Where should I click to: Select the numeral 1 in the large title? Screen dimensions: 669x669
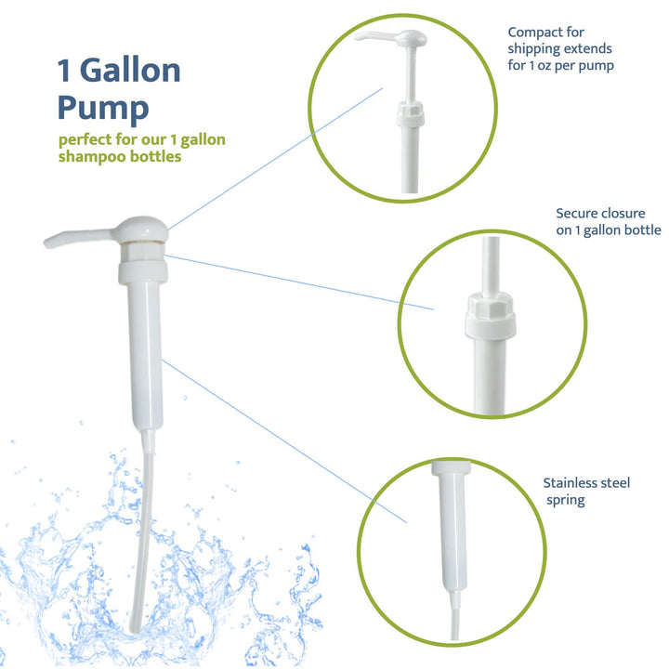(x=65, y=71)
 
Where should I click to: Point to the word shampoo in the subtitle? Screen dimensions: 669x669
(x=95, y=157)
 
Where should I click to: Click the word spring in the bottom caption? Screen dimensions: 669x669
(x=568, y=500)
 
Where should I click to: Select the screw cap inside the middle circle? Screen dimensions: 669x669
(x=489, y=320)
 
